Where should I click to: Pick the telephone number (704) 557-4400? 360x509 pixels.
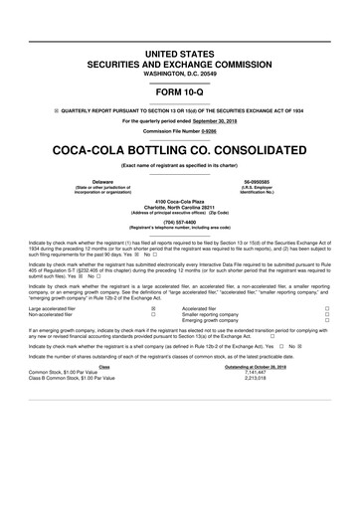click(180, 223)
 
